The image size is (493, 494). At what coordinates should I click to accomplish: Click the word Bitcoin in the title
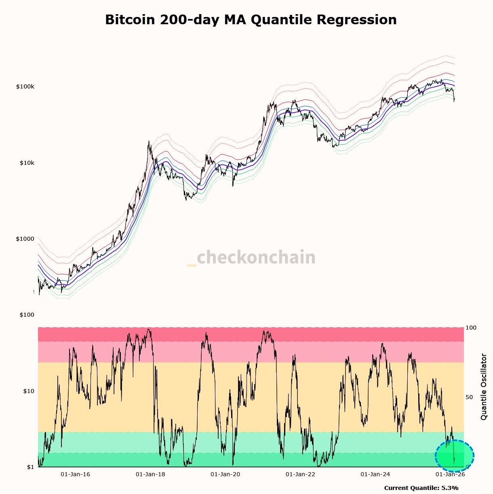click(130, 20)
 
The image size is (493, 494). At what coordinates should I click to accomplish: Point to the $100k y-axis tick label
click(25, 87)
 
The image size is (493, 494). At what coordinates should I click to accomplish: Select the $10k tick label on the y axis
click(27, 163)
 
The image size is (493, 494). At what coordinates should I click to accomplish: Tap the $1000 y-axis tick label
click(25, 239)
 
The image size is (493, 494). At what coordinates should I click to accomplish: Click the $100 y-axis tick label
click(27, 315)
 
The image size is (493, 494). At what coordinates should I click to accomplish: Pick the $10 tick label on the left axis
click(28, 391)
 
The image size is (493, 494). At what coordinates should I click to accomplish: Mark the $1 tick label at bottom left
click(30, 467)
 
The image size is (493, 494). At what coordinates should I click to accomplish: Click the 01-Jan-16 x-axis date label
click(76, 474)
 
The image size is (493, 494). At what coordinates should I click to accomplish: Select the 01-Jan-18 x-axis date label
click(151, 474)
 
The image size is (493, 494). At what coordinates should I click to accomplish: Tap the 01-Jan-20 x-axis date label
click(225, 474)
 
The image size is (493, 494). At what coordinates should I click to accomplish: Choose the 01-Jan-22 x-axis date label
click(300, 474)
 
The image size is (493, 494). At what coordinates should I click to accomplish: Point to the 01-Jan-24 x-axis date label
click(375, 474)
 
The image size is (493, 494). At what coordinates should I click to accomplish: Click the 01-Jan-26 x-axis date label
click(450, 474)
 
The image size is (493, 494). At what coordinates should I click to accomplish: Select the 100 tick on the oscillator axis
click(471, 328)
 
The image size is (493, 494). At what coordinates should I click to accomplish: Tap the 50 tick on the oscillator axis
click(470, 397)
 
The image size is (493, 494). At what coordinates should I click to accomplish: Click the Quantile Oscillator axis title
click(484, 387)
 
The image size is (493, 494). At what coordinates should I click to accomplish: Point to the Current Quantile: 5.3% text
click(421, 488)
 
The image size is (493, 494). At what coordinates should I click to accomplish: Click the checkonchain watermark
click(251, 257)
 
